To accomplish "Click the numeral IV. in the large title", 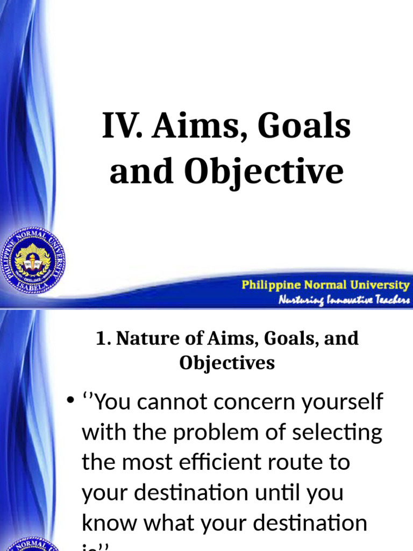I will pyautogui.click(x=123, y=128).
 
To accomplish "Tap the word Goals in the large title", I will pyautogui.click(x=304, y=128).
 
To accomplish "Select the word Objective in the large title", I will pyautogui.click(x=264, y=172).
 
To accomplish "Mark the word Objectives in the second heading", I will pyautogui.click(x=227, y=363).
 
